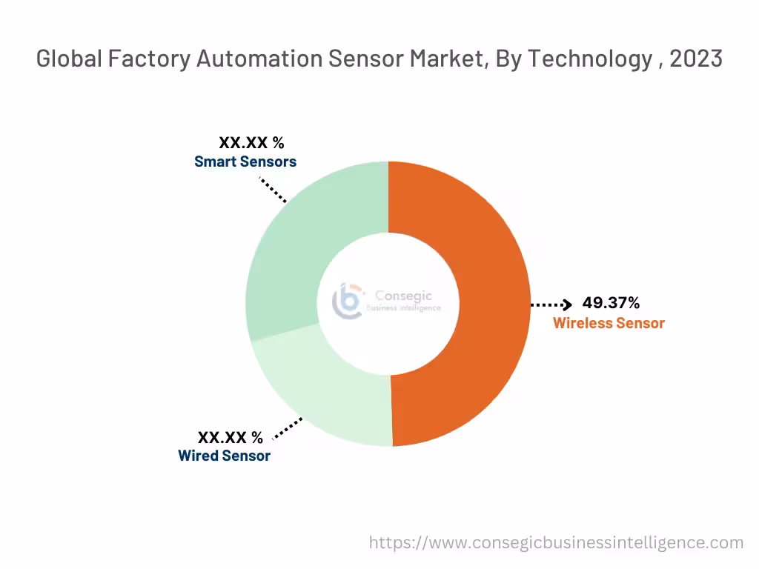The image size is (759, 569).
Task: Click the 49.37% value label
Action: (x=611, y=303)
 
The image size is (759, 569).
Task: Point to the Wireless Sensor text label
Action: (x=609, y=323)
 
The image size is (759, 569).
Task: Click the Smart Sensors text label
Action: (x=245, y=162)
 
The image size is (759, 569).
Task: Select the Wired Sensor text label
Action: (x=224, y=456)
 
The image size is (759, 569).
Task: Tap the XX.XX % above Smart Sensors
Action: (x=251, y=143)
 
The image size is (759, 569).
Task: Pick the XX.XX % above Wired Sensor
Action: (x=230, y=437)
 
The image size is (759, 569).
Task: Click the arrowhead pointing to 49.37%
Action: (x=567, y=304)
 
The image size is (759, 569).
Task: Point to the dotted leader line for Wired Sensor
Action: (x=288, y=428)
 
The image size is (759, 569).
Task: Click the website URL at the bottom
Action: (x=556, y=543)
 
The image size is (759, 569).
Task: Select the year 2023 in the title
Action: (x=696, y=59)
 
